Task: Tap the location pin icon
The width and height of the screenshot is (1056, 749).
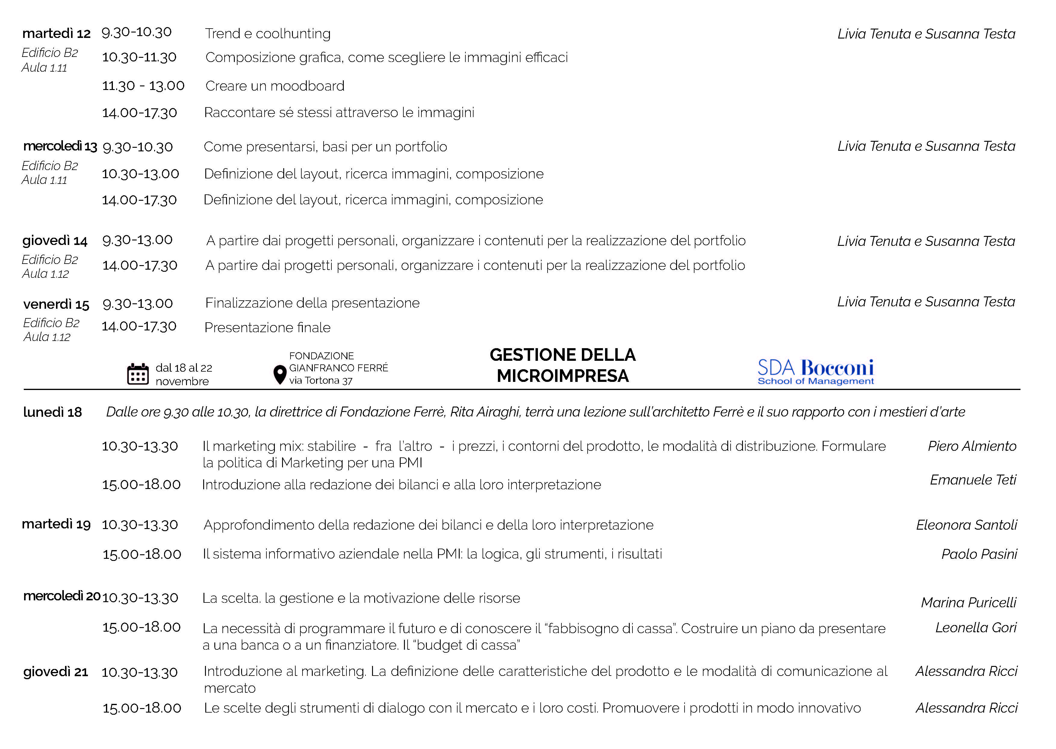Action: point(280,374)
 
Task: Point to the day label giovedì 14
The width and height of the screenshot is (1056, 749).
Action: point(55,241)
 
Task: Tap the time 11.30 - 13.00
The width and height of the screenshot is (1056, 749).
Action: point(143,86)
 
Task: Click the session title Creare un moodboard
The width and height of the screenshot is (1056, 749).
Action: point(275,86)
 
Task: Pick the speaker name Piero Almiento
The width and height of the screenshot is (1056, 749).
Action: point(972,446)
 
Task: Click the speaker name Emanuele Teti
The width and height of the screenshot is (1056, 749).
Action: point(973,480)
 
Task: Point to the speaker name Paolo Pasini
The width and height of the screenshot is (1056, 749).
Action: point(979,554)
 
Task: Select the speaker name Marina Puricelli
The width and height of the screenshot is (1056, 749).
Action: point(968,602)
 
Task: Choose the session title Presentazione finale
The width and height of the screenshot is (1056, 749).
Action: point(268,327)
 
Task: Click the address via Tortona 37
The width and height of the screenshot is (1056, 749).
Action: point(321,380)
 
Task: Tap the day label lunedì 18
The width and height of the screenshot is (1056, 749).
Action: point(53,412)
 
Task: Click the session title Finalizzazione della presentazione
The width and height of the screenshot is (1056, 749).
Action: point(312,303)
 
